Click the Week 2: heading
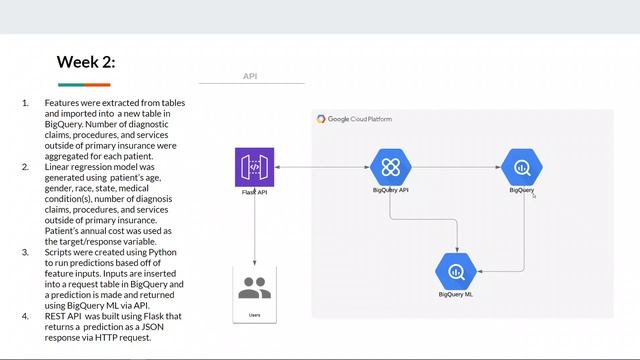point(86,62)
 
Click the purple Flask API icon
point(254,166)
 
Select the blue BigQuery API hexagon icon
point(390,166)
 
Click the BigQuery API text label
point(390,189)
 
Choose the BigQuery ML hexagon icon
point(457,270)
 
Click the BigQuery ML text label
point(457,294)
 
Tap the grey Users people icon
point(254,288)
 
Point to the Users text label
point(254,316)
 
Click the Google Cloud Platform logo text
point(355,119)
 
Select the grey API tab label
point(251,76)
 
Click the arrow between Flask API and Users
point(254,230)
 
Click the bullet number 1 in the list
point(25,103)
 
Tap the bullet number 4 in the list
point(25,316)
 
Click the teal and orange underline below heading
point(84,85)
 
